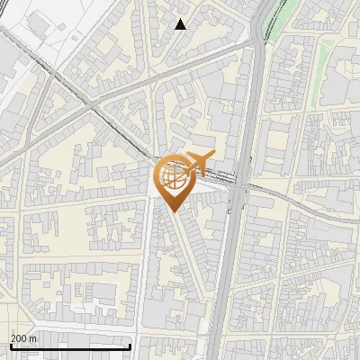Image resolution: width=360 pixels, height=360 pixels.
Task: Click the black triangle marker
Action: [180, 24]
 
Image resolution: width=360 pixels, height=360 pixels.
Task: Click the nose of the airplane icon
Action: [212, 157]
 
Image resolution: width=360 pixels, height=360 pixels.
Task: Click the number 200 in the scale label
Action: [20, 338]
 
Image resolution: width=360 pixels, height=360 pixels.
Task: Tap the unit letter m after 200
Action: [34, 338]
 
